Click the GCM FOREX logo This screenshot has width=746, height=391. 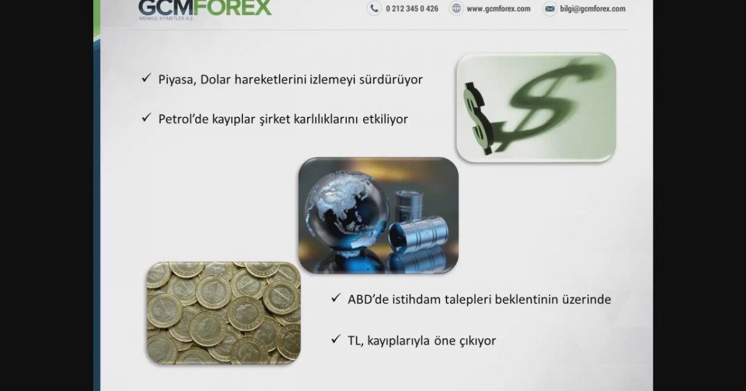(x=205, y=9)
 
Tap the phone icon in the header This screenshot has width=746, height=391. (x=374, y=8)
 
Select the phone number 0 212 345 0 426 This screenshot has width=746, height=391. (x=412, y=9)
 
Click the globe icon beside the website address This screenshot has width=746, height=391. (x=456, y=8)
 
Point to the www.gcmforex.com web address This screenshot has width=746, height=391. (x=499, y=9)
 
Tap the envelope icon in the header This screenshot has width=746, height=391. (x=550, y=9)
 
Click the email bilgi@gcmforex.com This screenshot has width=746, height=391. (x=593, y=9)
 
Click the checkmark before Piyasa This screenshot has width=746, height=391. (x=146, y=78)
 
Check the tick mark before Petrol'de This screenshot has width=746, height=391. (x=146, y=117)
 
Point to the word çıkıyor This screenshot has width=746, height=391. (x=477, y=341)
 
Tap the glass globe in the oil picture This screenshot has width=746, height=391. (x=347, y=212)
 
